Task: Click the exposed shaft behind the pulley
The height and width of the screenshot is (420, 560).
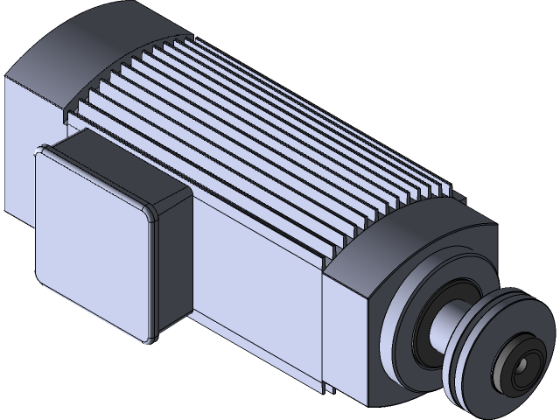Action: point(454,318)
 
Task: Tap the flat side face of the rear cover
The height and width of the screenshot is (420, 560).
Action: point(26,140)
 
